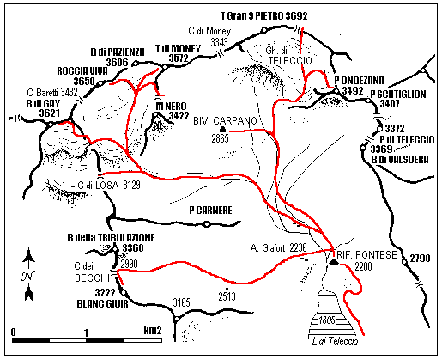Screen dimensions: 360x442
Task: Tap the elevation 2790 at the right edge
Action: (420, 259)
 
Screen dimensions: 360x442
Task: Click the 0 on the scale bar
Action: (15, 331)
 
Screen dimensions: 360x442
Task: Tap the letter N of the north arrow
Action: (30, 275)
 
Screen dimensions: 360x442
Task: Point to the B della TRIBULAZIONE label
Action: (111, 237)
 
